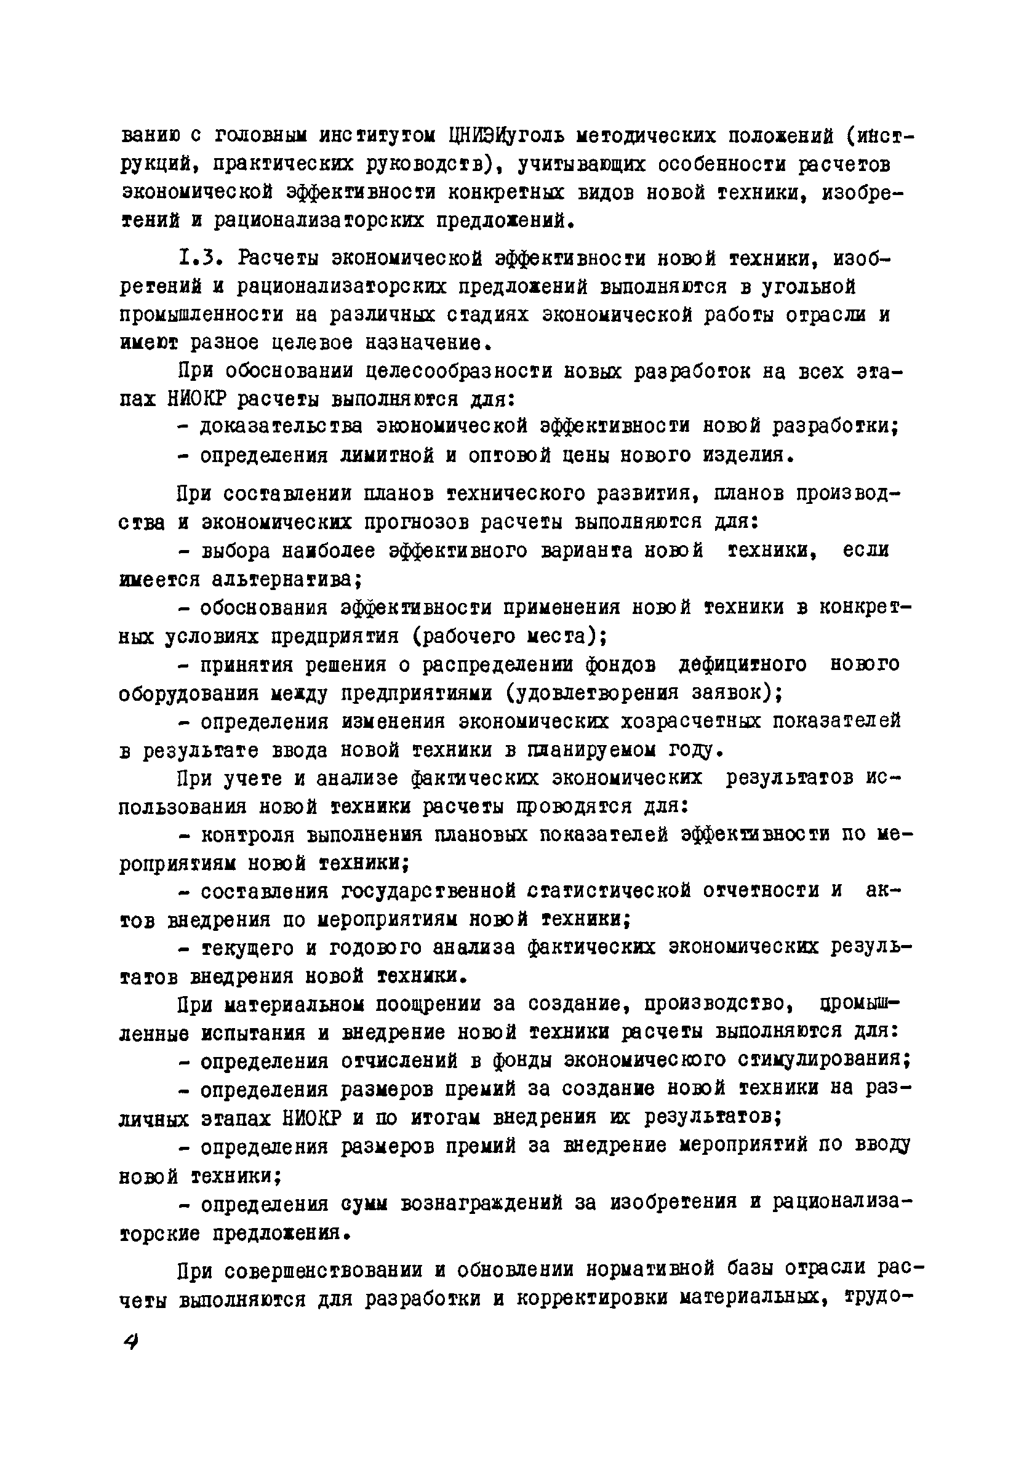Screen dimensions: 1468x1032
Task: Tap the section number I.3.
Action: click(x=200, y=258)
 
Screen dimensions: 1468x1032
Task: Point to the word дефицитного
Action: click(x=742, y=664)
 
